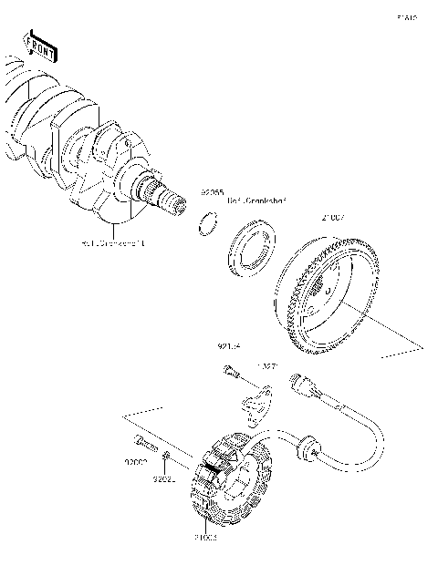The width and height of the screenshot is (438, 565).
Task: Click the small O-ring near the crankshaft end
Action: point(207,222)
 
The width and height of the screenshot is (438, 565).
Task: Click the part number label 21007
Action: point(331,219)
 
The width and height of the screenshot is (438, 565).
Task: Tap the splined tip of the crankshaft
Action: point(164,195)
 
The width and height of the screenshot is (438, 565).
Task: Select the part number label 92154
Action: point(229,347)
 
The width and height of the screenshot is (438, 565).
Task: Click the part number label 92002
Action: point(136,464)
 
